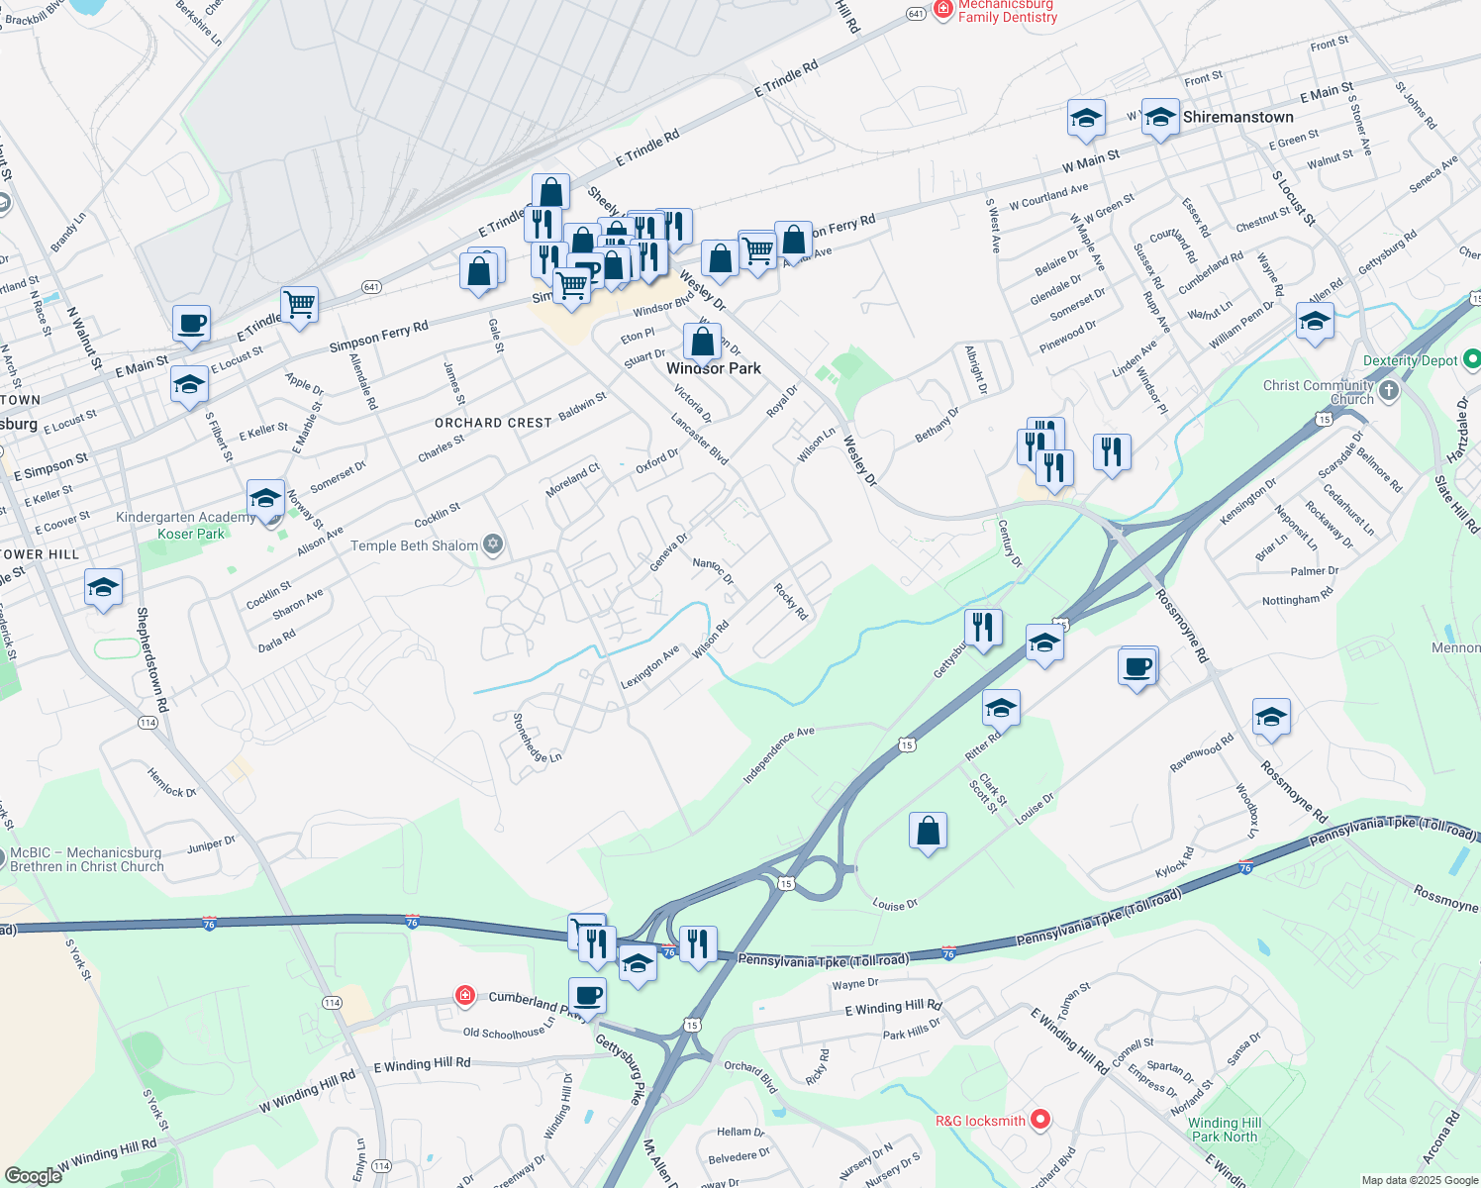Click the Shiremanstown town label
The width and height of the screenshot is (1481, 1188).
[x=1237, y=117]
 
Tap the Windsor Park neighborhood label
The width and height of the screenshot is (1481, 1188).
[x=714, y=368]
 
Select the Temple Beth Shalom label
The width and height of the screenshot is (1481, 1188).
[x=414, y=545]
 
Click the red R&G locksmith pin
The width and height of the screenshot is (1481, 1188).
[x=1039, y=1120]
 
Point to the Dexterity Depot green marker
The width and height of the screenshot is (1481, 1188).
[x=1471, y=359]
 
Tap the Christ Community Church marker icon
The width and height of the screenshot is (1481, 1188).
[x=1389, y=390]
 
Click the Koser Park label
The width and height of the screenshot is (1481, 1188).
[x=191, y=534]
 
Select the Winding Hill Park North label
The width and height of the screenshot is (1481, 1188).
[x=1225, y=1130]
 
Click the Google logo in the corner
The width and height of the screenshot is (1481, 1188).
[x=33, y=1175]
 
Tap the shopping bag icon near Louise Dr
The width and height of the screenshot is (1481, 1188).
[x=928, y=832]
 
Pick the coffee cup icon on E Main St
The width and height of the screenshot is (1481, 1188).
[x=191, y=324]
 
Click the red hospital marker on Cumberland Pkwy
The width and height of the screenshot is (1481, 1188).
[x=464, y=994]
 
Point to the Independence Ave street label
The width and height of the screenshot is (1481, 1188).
[x=778, y=755]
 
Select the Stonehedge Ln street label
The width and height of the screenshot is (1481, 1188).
[x=538, y=739]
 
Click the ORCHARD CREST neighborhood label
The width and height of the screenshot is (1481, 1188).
[x=493, y=423]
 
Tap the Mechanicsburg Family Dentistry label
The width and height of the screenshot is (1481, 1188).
[x=1007, y=11]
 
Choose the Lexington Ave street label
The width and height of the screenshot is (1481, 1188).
[x=649, y=668]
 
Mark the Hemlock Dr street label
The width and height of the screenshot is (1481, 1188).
[x=172, y=783]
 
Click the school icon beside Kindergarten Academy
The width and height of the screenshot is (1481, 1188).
[x=265, y=498]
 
